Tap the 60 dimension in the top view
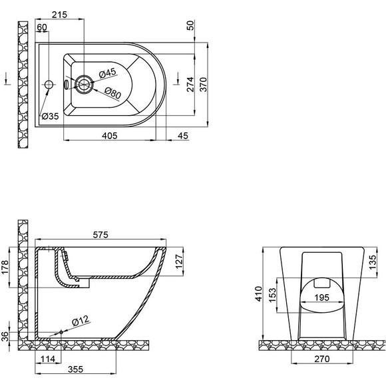tap(43, 27)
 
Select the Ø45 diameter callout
tap(108, 73)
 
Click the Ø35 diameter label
tap(51, 116)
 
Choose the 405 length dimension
tap(110, 135)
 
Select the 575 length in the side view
tap(100, 235)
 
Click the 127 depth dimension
tap(178, 262)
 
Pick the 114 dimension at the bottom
tap(47, 360)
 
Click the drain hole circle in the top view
tap(84, 84)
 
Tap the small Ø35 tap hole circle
tap(48, 85)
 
